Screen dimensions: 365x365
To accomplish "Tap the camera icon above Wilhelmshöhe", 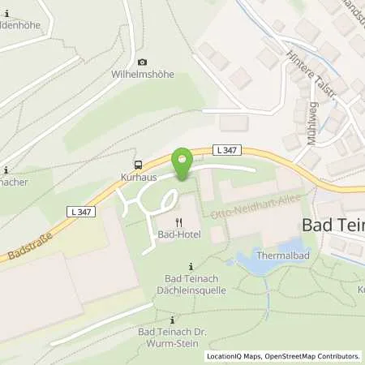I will click(143, 62).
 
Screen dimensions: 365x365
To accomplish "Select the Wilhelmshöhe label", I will click(143, 75).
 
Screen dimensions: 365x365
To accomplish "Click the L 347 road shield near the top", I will click(226, 149).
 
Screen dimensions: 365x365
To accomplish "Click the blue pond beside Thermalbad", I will click(251, 259).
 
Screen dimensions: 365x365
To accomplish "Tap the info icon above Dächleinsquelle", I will click(191, 266).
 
